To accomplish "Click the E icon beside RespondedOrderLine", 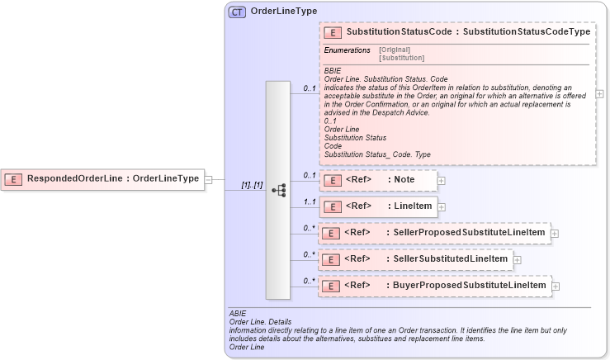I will pos(14,178).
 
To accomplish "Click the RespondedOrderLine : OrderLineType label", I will pos(112,178).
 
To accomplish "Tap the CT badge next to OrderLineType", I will pos(237,12).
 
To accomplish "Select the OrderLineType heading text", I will pos(283,12).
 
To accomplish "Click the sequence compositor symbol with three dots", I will pos(278,190).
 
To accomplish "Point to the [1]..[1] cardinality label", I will pos(252,186).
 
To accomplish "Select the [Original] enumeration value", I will pos(394,50).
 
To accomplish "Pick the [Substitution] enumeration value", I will pos(401,58).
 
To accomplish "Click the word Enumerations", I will pos(347,50).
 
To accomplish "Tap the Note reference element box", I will pos(379,180).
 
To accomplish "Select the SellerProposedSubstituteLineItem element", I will pos(434,233).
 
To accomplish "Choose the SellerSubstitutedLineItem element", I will pos(416,259).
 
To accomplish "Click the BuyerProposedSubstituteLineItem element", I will pos(434,286).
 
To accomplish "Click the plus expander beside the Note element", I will pos(442,180).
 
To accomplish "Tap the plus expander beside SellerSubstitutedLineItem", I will pos(518,259).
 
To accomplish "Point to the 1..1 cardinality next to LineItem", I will pos(309,201).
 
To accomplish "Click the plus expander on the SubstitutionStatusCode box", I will pos(599,93).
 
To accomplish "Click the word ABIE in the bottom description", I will pos(237,314).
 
